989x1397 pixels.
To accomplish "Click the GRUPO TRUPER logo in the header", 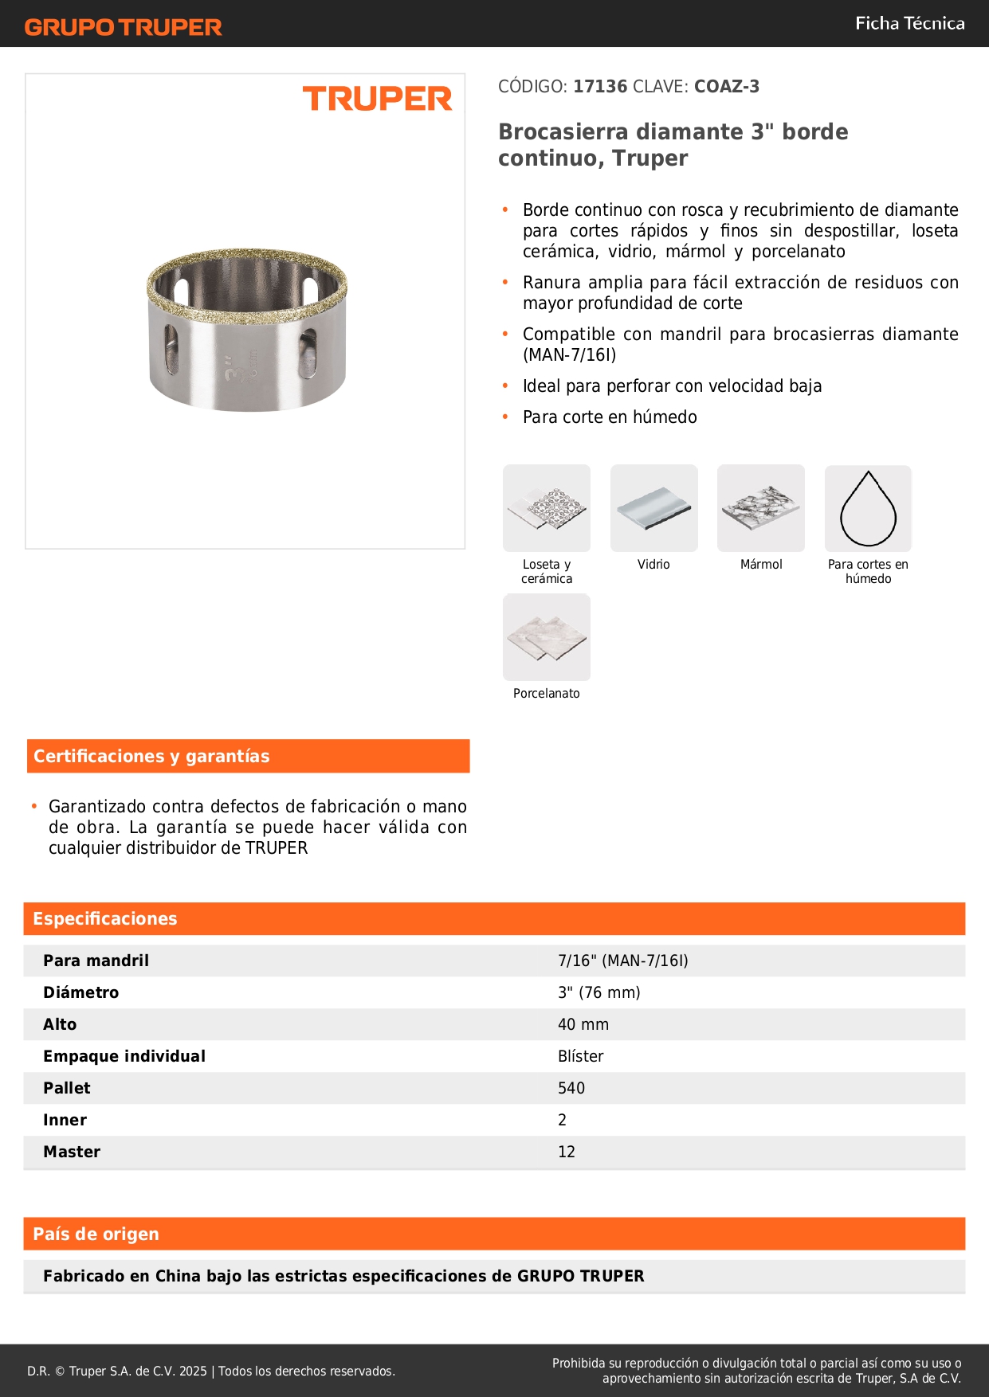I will (x=123, y=27).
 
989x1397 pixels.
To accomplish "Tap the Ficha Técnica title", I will (x=909, y=23).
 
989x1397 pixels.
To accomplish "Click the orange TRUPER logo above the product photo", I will (x=377, y=99).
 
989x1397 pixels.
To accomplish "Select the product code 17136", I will (x=600, y=86).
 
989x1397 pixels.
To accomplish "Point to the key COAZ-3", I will (x=726, y=86).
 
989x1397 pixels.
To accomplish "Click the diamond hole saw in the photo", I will (x=247, y=329).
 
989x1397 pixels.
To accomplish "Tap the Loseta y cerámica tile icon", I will (x=547, y=508).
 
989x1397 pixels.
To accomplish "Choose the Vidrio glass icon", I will (x=653, y=508).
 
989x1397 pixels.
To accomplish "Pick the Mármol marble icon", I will (x=761, y=508).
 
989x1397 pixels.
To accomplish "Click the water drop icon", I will (x=868, y=508).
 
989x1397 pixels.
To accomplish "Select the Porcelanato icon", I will (x=547, y=637).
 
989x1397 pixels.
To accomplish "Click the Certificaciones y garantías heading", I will (x=151, y=756).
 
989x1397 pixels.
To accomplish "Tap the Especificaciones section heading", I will (x=105, y=918).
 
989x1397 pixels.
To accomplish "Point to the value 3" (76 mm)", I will (x=599, y=992).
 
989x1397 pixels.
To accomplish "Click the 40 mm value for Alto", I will (x=583, y=1024).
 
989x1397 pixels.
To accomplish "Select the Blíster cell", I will (x=581, y=1056).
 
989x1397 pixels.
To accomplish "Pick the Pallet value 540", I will (x=571, y=1088).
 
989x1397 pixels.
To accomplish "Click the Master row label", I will (x=72, y=1152).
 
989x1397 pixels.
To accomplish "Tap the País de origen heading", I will (x=96, y=1234).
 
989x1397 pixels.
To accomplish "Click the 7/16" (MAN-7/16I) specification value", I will (x=623, y=961).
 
